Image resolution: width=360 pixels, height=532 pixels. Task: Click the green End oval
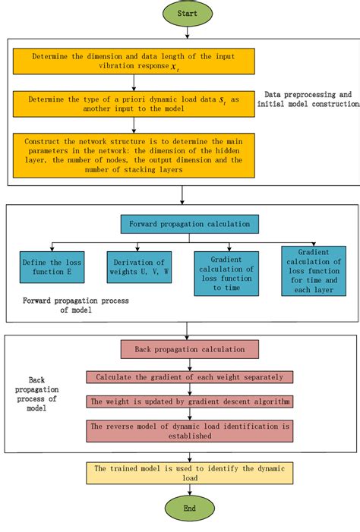click(x=189, y=508)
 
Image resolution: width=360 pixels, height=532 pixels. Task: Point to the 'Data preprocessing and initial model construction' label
click(x=308, y=99)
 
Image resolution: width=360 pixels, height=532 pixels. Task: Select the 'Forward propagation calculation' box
click(x=189, y=224)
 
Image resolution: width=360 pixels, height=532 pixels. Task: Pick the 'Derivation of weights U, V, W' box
click(x=138, y=267)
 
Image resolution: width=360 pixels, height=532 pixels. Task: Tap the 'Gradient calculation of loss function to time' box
click(x=227, y=272)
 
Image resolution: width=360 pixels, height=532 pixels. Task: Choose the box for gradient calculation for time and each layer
click(x=313, y=270)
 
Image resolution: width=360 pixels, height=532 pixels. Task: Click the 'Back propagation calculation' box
click(x=189, y=349)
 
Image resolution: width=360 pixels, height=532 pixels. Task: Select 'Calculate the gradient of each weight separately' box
click(x=189, y=377)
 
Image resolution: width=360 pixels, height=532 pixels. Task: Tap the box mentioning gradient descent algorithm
click(x=189, y=401)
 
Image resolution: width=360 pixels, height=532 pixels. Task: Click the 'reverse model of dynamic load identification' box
click(x=189, y=431)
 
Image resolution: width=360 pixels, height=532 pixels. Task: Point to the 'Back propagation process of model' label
click(x=42, y=393)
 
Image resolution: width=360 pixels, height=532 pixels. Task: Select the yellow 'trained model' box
click(x=189, y=473)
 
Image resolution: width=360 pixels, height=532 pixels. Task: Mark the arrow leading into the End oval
click(x=189, y=490)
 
